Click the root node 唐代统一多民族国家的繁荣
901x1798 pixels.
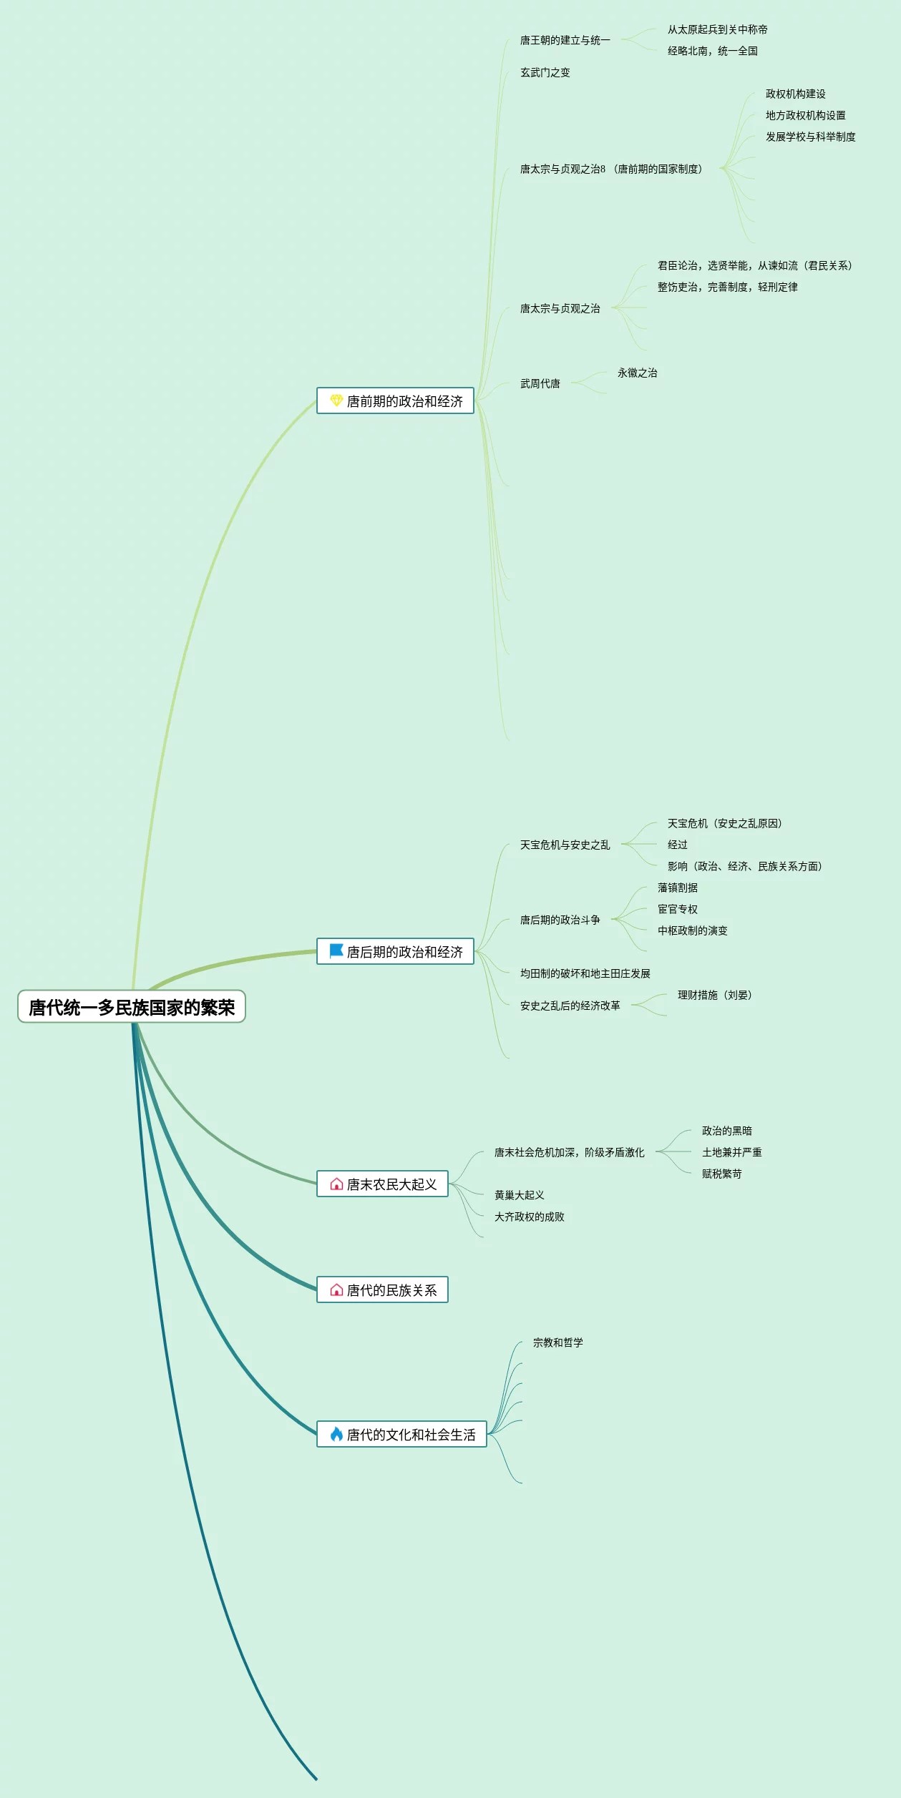coord(132,1007)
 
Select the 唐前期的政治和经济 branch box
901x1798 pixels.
coord(396,401)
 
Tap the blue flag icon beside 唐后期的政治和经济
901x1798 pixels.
coord(336,951)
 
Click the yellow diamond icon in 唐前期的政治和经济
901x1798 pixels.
coord(336,401)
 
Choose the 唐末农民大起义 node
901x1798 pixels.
coord(383,1184)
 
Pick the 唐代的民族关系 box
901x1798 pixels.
coord(383,1290)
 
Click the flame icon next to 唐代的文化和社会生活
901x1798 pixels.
coord(336,1434)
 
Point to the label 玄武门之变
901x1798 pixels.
coord(545,72)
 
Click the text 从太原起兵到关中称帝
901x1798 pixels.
coord(717,29)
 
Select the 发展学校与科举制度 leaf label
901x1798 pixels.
coord(810,137)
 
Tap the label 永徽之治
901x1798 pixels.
coord(637,373)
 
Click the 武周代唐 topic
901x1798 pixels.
coord(540,383)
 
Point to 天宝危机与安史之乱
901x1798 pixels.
coord(565,845)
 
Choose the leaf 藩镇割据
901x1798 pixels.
coord(677,888)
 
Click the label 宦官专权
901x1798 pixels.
coord(677,909)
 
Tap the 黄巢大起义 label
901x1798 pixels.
coord(519,1195)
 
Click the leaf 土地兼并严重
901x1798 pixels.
coord(731,1152)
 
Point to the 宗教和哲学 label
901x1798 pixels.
coord(557,1342)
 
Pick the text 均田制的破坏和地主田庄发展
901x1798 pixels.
coord(585,973)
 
